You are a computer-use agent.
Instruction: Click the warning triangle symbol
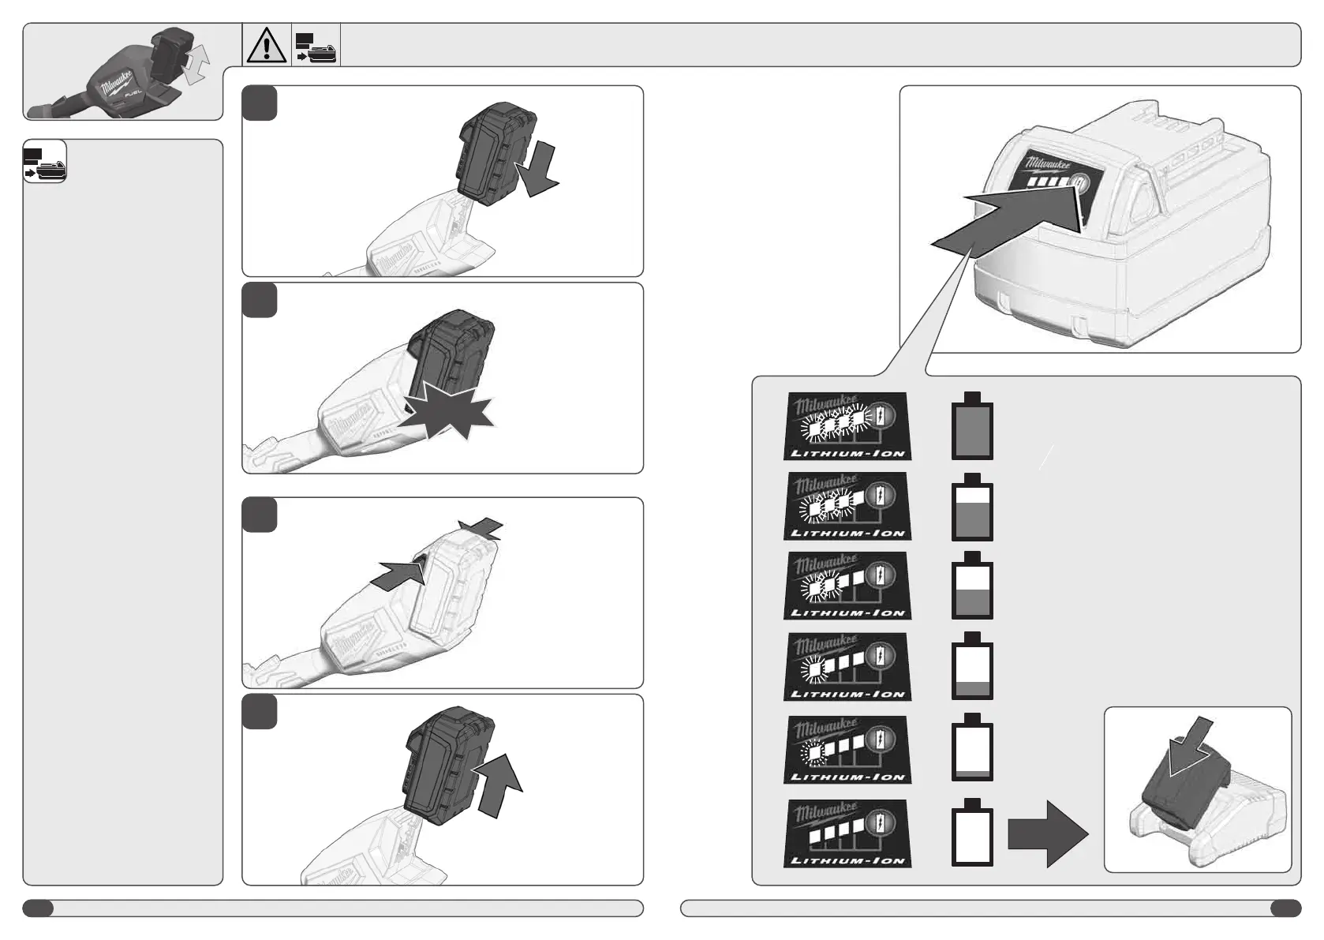(267, 45)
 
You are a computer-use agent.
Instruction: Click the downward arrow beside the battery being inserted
(536, 171)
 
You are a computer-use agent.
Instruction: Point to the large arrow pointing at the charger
(1047, 834)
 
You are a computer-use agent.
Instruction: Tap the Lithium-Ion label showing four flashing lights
(847, 426)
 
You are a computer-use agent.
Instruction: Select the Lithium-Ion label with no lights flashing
(847, 833)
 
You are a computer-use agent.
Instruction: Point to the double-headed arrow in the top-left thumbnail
(196, 63)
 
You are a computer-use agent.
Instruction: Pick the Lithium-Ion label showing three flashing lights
(847, 506)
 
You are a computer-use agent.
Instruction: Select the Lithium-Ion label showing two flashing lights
(847, 586)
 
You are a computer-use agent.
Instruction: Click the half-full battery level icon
(971, 587)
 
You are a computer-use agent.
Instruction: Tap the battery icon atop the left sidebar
(45, 163)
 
